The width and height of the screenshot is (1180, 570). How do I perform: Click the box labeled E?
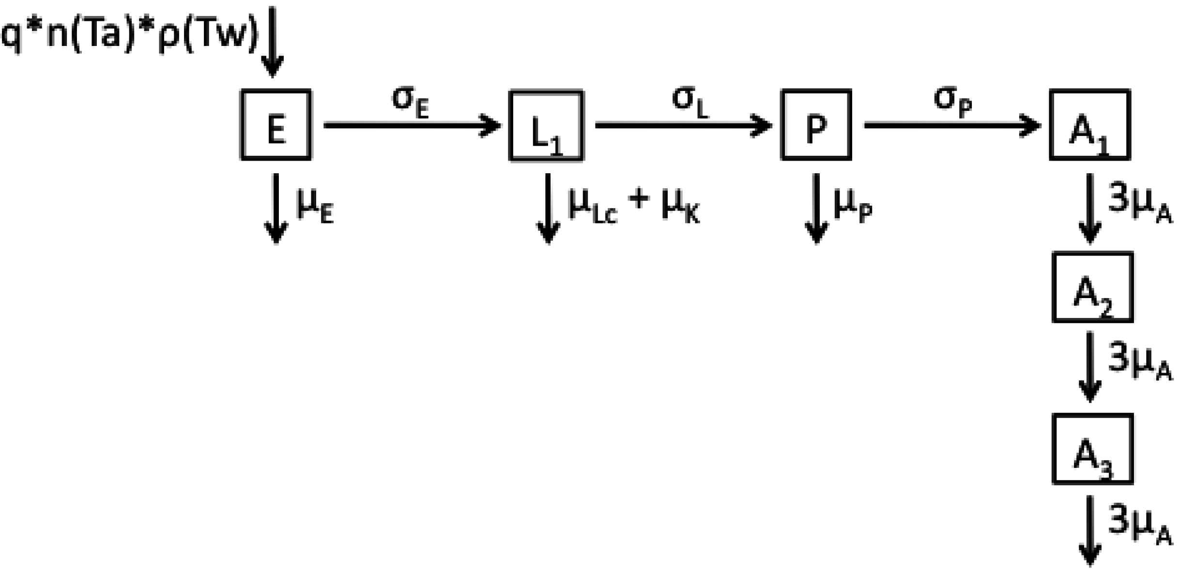[x=276, y=125]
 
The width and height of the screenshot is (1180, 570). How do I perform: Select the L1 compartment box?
[x=546, y=126]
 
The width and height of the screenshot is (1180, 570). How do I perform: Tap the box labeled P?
[x=816, y=125]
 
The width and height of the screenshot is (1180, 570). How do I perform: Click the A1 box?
[x=1089, y=125]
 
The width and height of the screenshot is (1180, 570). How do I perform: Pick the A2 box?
[x=1092, y=287]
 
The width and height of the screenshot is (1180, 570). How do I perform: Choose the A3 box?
[x=1092, y=449]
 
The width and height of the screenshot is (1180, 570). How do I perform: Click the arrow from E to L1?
[x=412, y=125]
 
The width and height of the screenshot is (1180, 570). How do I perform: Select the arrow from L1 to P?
[x=683, y=125]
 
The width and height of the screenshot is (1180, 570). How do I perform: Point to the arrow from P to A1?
[x=952, y=125]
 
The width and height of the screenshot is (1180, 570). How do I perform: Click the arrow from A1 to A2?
[x=1090, y=208]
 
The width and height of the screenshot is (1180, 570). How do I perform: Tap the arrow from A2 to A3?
[x=1090, y=367]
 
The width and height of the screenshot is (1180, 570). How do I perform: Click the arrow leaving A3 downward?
[x=1090, y=530]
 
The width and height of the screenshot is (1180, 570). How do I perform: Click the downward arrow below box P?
[x=816, y=208]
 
